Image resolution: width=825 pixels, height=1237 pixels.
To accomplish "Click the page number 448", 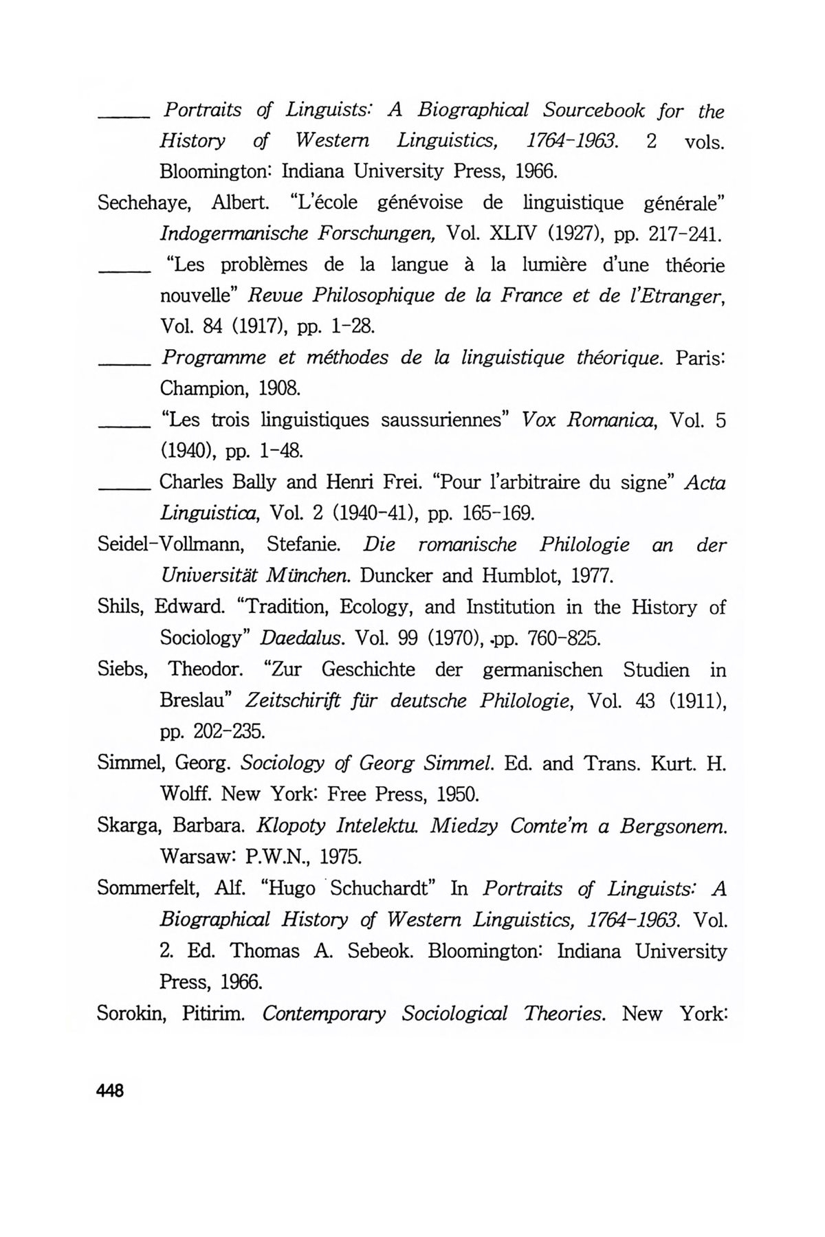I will [110, 1091].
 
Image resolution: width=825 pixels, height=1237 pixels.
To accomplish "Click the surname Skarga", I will [126, 825].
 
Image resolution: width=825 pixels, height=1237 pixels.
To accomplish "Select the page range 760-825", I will [563, 638].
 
